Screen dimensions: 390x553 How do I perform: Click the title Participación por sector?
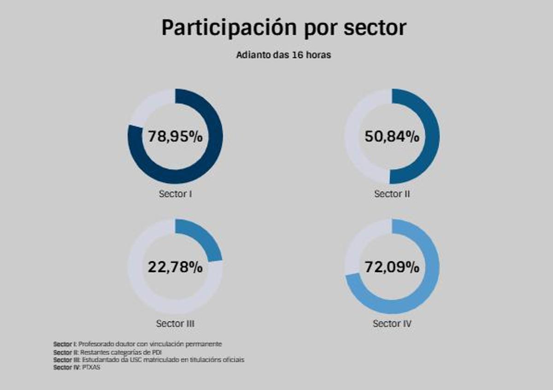point(283,28)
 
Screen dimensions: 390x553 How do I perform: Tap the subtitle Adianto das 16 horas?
point(283,55)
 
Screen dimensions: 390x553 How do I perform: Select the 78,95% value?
point(175,137)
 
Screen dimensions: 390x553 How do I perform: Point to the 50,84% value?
point(392,137)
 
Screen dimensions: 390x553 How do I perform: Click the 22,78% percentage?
point(175,267)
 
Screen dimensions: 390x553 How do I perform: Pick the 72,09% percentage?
point(392,267)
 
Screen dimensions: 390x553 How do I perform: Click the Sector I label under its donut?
point(175,194)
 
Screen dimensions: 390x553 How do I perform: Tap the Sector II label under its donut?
point(392,194)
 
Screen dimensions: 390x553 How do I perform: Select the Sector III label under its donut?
point(175,324)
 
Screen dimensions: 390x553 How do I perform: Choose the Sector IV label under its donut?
point(392,324)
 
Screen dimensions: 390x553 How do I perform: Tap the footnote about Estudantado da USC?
point(149,360)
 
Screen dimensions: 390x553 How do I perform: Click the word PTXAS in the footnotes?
point(91,367)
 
